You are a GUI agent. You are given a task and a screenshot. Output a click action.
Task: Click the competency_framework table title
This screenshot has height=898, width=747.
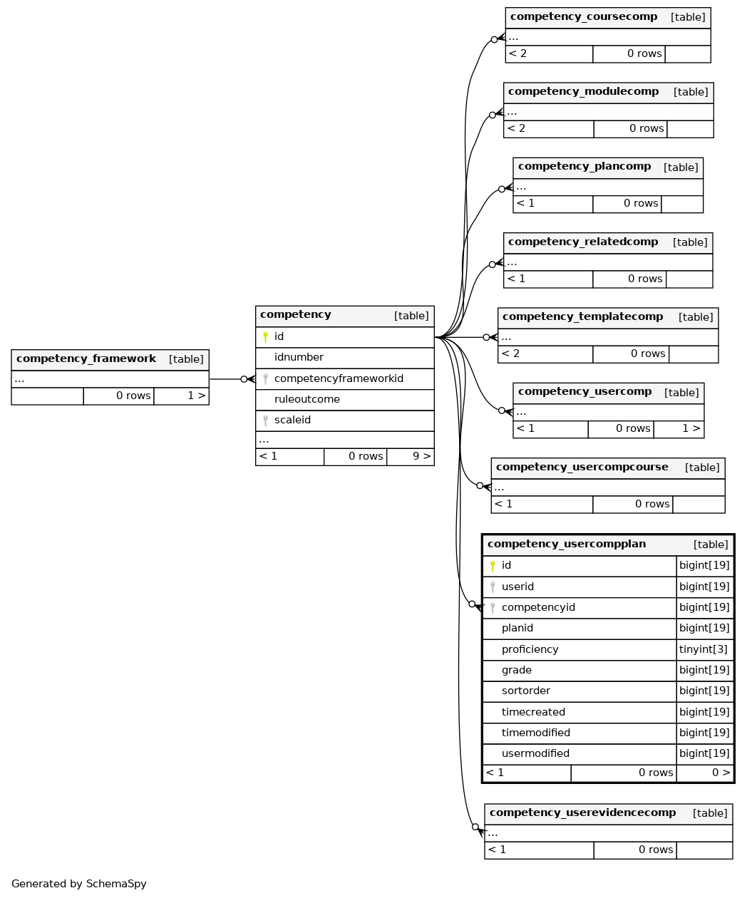(86, 358)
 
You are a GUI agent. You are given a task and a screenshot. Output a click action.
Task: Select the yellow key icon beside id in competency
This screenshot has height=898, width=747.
(265, 336)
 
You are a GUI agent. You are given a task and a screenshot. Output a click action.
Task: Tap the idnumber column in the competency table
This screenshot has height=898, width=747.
(299, 357)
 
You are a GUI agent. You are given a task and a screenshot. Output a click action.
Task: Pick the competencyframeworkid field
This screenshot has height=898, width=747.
(339, 378)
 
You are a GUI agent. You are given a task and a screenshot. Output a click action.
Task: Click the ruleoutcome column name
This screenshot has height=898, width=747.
(306, 399)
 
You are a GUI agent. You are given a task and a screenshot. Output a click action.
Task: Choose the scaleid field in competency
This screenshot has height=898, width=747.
(292, 420)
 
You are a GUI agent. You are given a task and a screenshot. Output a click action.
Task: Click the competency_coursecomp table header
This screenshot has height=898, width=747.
(583, 16)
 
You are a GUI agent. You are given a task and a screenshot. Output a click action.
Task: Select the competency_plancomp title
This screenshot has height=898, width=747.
(584, 166)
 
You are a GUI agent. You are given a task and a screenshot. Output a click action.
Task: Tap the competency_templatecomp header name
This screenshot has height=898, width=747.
(582, 316)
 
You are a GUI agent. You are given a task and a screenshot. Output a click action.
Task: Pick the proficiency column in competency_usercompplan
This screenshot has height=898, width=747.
(530, 649)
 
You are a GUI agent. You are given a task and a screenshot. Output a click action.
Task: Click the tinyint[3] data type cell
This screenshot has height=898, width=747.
(703, 649)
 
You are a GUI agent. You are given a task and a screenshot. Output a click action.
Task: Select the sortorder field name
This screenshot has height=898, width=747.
(525, 691)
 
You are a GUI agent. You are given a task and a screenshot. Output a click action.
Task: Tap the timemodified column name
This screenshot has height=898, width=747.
(535, 733)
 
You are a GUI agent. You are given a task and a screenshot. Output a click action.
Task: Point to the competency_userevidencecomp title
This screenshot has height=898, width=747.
(582, 812)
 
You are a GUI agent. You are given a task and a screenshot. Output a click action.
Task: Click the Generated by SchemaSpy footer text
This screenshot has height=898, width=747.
(78, 884)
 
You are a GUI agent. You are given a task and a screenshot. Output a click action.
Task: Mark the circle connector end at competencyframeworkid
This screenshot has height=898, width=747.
(244, 379)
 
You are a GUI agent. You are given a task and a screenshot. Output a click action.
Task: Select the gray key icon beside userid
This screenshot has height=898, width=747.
(493, 587)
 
